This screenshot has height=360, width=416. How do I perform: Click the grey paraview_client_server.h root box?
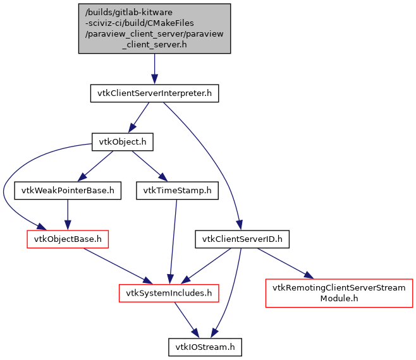coord(154,29)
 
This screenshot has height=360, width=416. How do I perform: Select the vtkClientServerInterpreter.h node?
coord(154,94)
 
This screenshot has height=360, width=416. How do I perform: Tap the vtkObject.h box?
coord(123,142)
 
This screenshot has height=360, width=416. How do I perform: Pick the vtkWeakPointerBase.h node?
coord(68,190)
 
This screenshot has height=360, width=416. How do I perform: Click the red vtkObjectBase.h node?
coord(68,239)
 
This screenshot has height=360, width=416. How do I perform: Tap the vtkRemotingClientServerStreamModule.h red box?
coord(339,293)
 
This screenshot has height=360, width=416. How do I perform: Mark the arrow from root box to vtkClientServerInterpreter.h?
coord(154,69)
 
